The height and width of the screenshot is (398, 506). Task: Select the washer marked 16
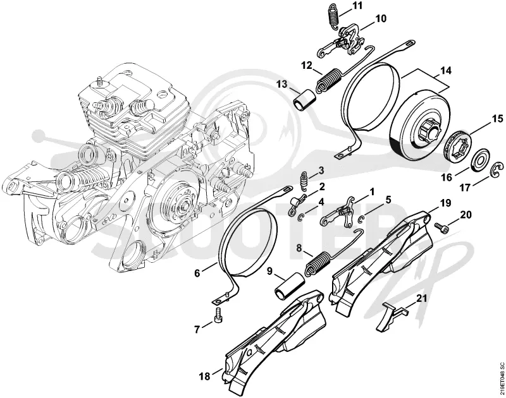pos(481,160)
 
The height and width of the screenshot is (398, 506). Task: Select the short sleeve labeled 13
pos(304,100)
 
